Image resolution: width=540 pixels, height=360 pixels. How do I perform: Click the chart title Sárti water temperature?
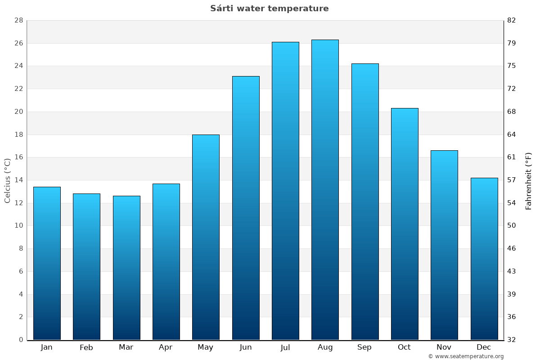click(269, 9)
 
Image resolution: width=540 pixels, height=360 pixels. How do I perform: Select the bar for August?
click(325, 189)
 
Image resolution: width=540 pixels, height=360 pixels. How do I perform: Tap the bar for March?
click(126, 268)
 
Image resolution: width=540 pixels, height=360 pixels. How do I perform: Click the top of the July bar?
click(285, 43)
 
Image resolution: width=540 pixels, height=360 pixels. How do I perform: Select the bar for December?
click(484, 259)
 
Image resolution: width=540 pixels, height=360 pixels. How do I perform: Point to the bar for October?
click(405, 224)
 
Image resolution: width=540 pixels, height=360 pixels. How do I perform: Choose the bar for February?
click(86, 266)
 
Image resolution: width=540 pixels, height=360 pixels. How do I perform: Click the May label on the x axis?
click(206, 347)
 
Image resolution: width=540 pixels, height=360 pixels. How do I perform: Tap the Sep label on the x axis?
click(364, 347)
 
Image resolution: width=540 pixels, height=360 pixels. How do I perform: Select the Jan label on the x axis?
click(47, 347)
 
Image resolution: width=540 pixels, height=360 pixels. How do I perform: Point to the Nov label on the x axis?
click(444, 347)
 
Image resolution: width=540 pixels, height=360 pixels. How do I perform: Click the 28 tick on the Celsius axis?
click(18, 21)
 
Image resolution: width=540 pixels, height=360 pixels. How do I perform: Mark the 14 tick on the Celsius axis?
click(18, 180)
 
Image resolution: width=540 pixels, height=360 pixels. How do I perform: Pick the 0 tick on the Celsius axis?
click(21, 340)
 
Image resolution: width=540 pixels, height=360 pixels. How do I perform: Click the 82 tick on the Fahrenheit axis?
click(512, 21)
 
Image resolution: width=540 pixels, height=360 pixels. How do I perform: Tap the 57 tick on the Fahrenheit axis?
click(512, 180)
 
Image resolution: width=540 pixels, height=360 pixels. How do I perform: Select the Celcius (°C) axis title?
click(8, 180)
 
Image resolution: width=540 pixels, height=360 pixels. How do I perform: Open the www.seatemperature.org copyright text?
click(466, 356)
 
